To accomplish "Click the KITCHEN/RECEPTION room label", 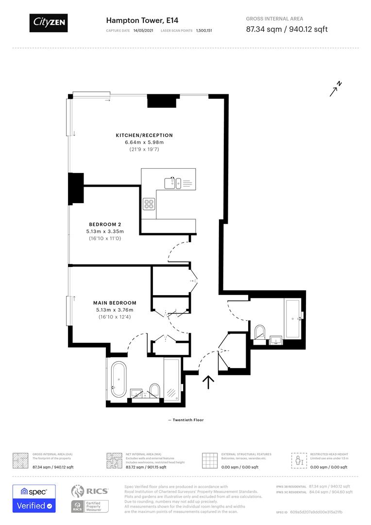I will point(144,135).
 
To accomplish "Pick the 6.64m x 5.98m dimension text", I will point(144,142).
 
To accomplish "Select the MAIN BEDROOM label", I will point(115,303).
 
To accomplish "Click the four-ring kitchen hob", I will point(149,204).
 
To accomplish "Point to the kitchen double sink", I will point(172,183).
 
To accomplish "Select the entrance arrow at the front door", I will point(208,382).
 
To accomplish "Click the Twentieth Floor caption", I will point(185,420).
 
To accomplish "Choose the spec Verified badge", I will point(34,498).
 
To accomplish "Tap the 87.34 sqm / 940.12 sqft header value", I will point(287,29).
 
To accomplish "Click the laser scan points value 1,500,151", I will point(204,30).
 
